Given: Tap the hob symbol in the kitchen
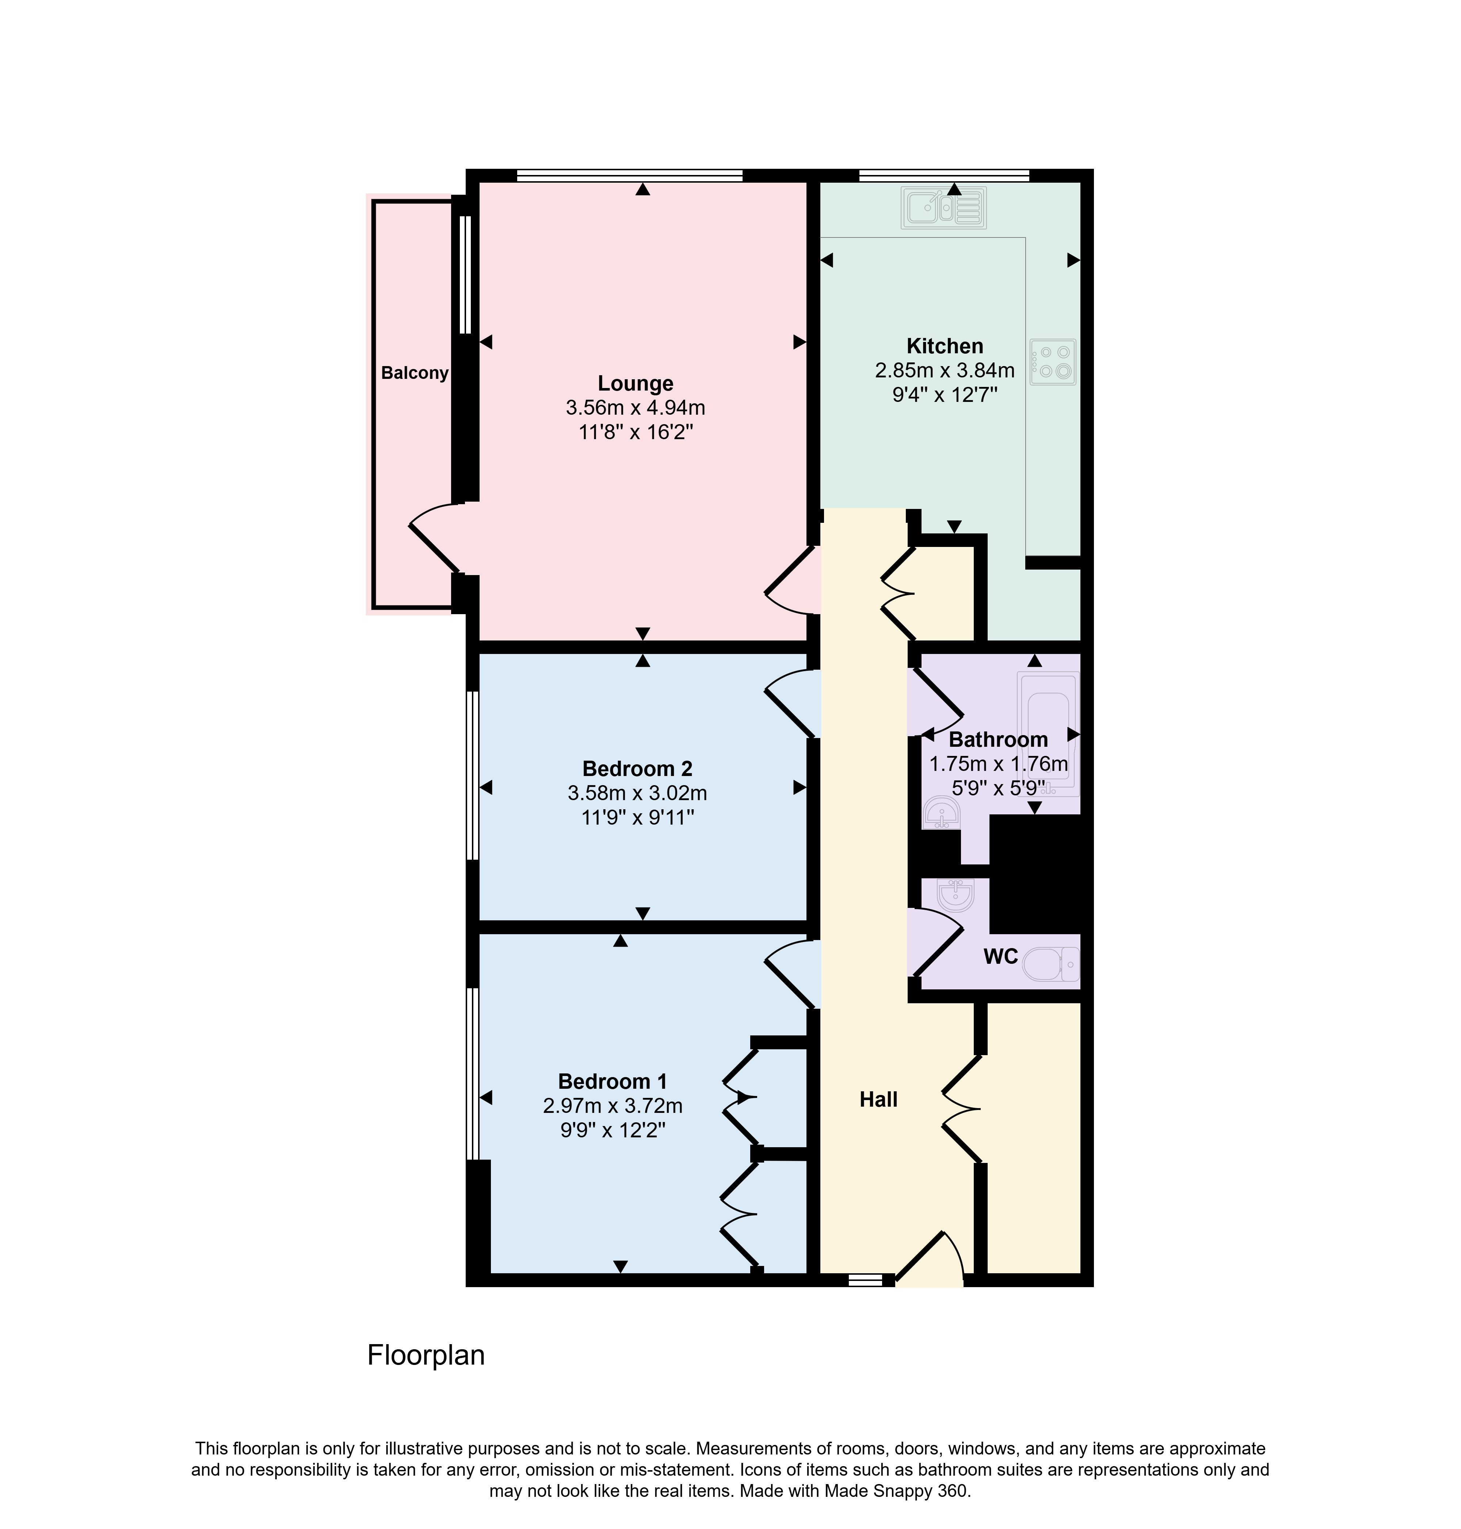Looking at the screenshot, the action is pos(1053,362).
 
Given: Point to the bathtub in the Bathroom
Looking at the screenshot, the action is pos(1048,734).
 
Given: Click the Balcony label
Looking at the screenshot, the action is pos(414,373).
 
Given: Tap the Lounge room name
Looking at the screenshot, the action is pos(636,383).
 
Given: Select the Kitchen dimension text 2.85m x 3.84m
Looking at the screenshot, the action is pos(945,370).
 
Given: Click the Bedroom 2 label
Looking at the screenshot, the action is pos(637,769).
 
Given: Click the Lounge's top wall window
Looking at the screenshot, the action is pos(629,175).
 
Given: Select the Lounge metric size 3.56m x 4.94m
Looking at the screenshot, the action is pos(636,407).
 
